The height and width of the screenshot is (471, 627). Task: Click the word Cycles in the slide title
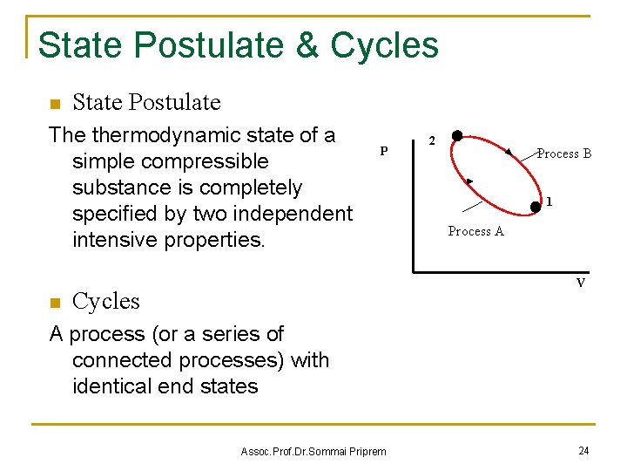click(x=384, y=45)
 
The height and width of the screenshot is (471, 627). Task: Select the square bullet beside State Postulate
click(x=54, y=105)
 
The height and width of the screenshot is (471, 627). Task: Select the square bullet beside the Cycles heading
click(x=54, y=303)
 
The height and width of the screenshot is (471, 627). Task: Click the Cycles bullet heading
click(x=105, y=301)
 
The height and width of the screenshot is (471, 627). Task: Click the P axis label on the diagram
click(x=384, y=151)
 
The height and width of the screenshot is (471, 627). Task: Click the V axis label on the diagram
click(x=580, y=283)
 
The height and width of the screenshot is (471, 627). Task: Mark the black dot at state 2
click(x=456, y=138)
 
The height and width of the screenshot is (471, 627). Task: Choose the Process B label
click(x=564, y=154)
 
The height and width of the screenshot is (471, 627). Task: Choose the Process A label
click(x=475, y=231)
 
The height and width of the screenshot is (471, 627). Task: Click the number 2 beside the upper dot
click(x=430, y=140)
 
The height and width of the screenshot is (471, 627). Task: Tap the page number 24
click(x=583, y=450)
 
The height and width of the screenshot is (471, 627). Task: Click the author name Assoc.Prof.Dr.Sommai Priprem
click(x=313, y=451)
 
